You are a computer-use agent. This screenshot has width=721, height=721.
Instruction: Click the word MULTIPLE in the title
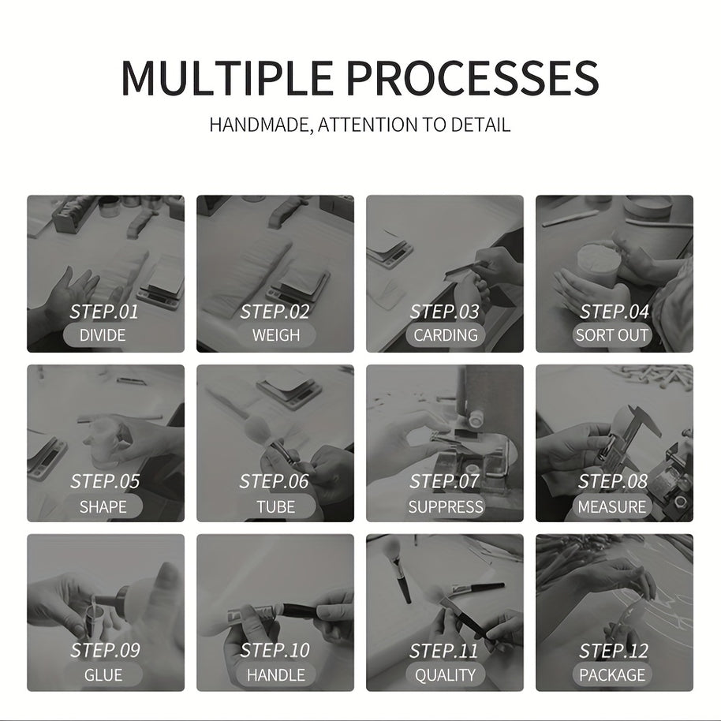[x=226, y=77]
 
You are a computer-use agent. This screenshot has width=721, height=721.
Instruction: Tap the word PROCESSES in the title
[x=473, y=77]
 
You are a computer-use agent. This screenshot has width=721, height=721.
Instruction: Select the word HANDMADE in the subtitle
[x=260, y=125]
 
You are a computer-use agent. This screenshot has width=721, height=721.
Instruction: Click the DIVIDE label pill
[x=103, y=335]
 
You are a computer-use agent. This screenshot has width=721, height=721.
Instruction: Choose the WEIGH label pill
[x=276, y=335]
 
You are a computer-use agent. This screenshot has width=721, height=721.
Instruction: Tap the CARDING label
[x=446, y=335]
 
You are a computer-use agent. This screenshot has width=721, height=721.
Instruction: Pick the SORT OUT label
[x=612, y=335]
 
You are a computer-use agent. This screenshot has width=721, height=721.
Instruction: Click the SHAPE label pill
[x=103, y=506]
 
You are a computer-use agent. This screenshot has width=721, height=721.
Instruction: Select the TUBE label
[x=276, y=506]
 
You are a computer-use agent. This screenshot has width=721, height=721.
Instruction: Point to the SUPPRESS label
[x=446, y=506]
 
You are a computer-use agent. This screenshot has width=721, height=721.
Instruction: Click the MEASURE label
[x=612, y=506]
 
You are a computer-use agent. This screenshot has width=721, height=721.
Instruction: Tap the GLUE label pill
[x=103, y=675]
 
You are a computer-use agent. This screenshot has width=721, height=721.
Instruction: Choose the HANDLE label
[x=276, y=675]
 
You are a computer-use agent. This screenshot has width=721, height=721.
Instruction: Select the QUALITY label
[x=446, y=675]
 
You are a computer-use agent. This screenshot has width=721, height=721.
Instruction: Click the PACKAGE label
[x=612, y=675]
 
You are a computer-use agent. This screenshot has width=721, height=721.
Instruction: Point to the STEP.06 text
[x=274, y=481]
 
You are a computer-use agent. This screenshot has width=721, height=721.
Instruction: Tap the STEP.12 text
[x=614, y=651]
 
